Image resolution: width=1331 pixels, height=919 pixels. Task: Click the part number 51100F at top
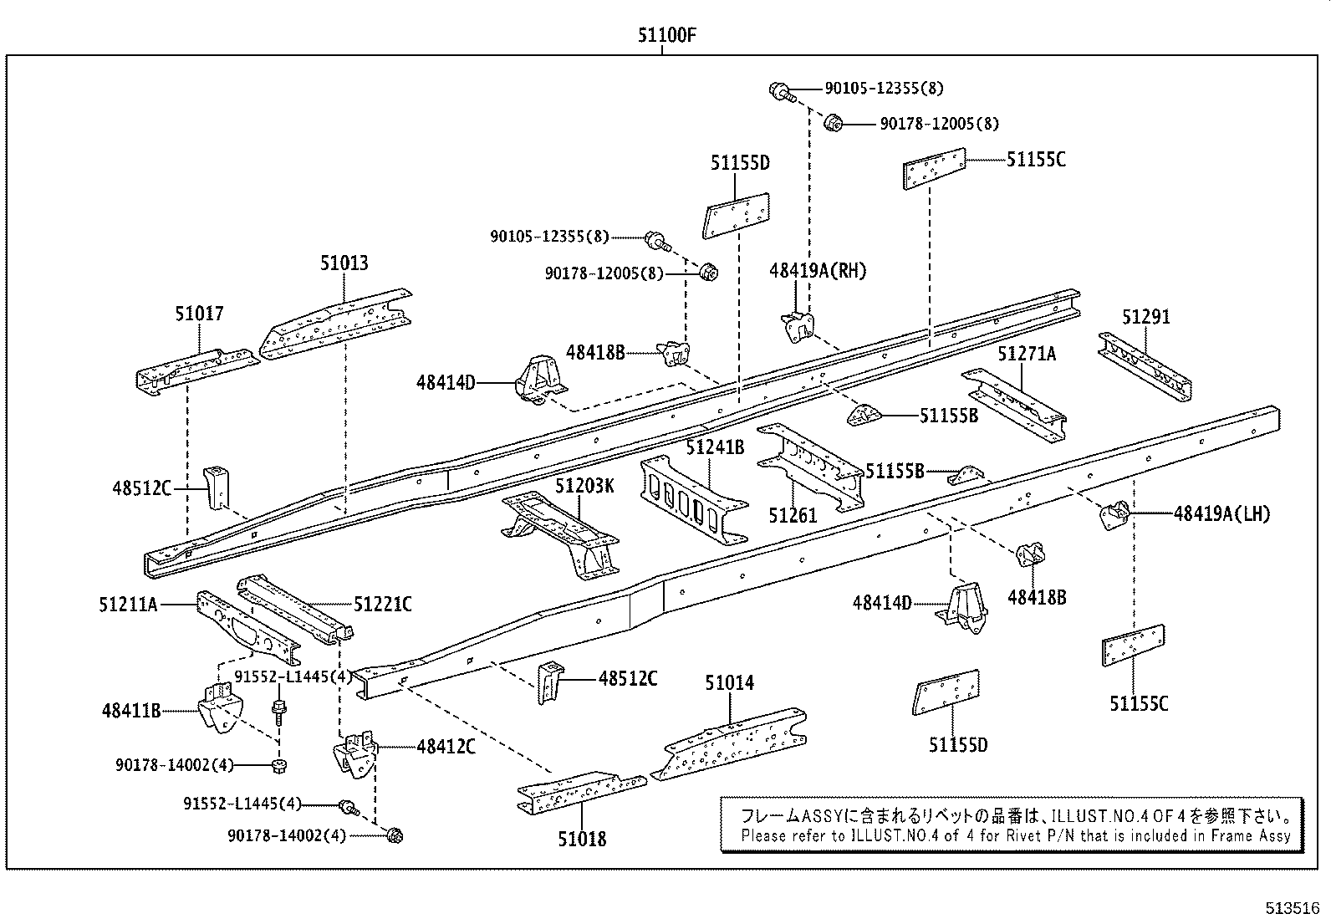[x=666, y=36]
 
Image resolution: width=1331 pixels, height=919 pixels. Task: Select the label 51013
[x=344, y=263]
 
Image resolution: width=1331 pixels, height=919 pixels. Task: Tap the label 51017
[x=199, y=314]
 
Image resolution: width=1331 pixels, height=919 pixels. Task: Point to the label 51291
[x=1145, y=317]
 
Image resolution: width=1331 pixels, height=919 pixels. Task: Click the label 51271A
[x=1026, y=354]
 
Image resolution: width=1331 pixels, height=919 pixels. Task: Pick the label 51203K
[x=584, y=486]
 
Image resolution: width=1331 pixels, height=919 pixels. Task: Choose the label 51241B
[x=714, y=447]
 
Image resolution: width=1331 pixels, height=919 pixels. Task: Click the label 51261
[x=793, y=515]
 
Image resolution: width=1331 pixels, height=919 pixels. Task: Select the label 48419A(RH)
[x=818, y=270]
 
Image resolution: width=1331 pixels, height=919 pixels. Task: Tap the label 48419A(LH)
[x=1221, y=513]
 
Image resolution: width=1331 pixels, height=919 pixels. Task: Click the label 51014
[x=729, y=682]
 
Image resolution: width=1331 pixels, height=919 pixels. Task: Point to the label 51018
[x=582, y=838]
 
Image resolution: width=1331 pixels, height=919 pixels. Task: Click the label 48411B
[x=130, y=711]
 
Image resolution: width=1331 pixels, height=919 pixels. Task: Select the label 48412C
[x=446, y=747]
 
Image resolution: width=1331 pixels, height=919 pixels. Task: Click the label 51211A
[x=128, y=604]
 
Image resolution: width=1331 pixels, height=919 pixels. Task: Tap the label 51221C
[x=382, y=604]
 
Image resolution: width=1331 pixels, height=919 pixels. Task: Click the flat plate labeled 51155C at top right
[x=934, y=171]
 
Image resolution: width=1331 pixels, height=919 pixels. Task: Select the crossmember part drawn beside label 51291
[x=1145, y=367]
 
